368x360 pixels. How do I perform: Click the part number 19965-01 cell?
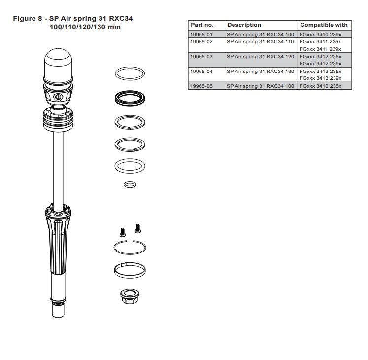[201, 35]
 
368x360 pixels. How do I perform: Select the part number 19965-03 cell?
[201, 57]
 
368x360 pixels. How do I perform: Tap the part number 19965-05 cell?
[201, 86]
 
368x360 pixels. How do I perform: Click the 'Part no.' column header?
[202, 25]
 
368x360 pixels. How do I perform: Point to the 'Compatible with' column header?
[324, 25]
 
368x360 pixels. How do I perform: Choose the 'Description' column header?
[244, 25]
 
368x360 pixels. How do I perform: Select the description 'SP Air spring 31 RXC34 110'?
[260, 42]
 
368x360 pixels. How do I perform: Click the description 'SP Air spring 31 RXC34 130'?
[260, 72]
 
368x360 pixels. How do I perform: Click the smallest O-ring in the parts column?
[130, 185]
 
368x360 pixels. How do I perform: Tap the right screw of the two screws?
[138, 227]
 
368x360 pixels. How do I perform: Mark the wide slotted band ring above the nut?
[130, 270]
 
